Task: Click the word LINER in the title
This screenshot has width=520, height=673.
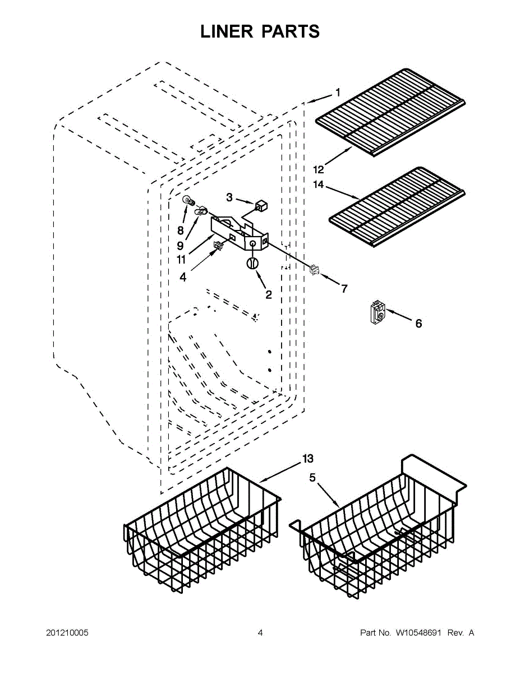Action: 227,31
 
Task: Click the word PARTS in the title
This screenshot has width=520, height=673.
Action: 290,31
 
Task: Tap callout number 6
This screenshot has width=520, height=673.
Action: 418,323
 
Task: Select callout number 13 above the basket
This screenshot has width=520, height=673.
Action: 307,459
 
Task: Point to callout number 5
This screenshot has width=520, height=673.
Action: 312,477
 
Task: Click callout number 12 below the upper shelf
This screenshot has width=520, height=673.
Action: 319,169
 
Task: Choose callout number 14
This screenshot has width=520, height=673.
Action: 319,184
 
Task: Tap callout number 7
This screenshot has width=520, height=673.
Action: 344,289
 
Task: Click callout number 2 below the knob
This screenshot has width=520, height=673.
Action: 269,294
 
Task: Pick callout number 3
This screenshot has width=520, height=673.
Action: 229,197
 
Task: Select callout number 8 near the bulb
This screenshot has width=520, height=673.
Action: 181,230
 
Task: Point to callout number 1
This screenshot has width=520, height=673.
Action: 338,93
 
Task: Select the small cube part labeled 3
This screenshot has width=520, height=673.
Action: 260,205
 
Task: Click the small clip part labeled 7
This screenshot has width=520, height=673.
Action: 314,270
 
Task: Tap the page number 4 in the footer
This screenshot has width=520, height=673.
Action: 260,633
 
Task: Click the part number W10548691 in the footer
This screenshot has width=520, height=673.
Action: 419,633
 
